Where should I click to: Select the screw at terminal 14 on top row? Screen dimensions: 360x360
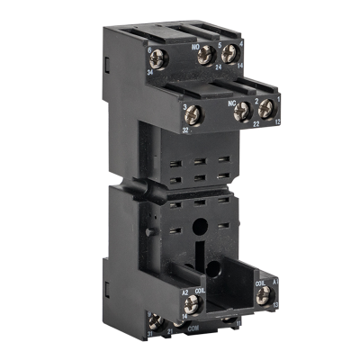pos(230,51)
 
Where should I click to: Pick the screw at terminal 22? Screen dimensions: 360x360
pos(241,112)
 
